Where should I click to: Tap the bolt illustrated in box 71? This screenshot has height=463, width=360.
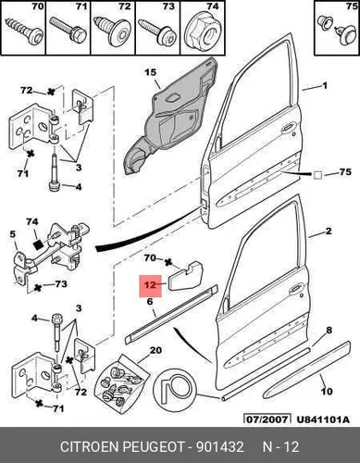(67, 29)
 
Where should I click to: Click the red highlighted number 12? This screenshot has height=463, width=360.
(150, 285)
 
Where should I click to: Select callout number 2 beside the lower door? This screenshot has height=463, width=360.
(329, 231)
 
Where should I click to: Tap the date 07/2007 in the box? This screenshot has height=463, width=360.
(267, 419)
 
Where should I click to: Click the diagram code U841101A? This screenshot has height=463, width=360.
(323, 419)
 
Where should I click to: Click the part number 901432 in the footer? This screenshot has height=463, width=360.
(220, 447)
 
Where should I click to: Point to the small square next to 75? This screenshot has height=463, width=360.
(317, 175)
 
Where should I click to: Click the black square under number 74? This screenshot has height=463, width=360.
(37, 244)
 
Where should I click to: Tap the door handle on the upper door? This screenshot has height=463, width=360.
(288, 127)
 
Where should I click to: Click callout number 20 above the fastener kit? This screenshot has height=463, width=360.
(155, 350)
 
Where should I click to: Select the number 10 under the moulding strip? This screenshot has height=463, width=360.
(327, 392)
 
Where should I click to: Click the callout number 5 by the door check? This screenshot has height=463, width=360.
(12, 234)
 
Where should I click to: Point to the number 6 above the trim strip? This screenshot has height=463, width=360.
(150, 301)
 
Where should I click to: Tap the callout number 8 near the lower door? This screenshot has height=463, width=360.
(329, 331)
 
